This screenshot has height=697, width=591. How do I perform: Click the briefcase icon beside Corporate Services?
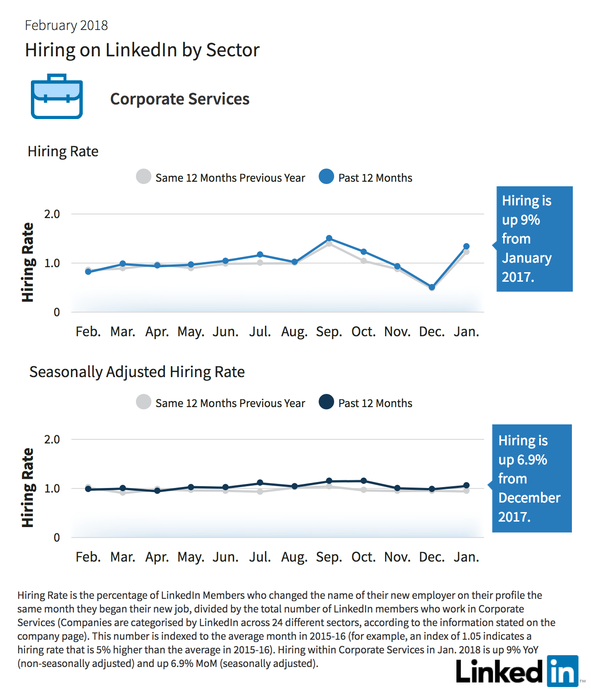(57, 96)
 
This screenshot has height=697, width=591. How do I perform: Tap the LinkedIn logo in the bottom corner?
(517, 671)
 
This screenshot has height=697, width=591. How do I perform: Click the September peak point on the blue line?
(329, 239)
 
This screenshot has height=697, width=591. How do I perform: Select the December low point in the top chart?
(432, 287)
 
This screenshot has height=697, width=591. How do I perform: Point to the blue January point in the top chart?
(466, 247)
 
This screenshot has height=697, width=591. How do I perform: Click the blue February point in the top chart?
(88, 272)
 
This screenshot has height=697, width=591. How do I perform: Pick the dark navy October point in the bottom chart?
(364, 481)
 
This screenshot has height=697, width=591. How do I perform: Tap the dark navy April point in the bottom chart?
(157, 491)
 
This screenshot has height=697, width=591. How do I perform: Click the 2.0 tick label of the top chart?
(52, 214)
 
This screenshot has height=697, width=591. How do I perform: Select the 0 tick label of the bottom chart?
(57, 538)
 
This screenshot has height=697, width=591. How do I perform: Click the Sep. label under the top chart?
(329, 332)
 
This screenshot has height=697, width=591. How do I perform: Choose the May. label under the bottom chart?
(191, 557)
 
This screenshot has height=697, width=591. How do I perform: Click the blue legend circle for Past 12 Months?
(326, 176)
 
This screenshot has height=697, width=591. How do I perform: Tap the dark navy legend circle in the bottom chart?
(326, 402)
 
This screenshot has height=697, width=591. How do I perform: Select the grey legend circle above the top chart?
(143, 176)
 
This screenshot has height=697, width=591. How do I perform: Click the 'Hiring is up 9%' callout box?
(534, 239)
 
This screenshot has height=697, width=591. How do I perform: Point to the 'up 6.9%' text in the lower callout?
(523, 460)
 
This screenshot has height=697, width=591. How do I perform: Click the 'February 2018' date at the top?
(66, 25)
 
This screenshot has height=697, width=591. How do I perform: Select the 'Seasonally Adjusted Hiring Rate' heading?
(137, 372)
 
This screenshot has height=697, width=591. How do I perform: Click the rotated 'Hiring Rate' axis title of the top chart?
(28, 262)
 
